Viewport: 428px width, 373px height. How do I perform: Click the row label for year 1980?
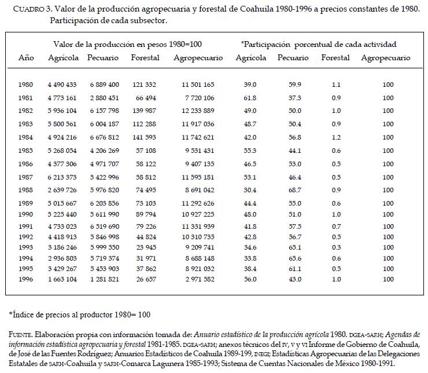[x=26, y=85]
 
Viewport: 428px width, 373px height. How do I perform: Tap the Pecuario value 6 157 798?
[x=104, y=110]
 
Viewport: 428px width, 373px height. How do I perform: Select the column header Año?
[x=26, y=58]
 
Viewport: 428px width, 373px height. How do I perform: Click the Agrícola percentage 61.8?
[x=250, y=97]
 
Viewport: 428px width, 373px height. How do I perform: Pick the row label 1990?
[x=26, y=214]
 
